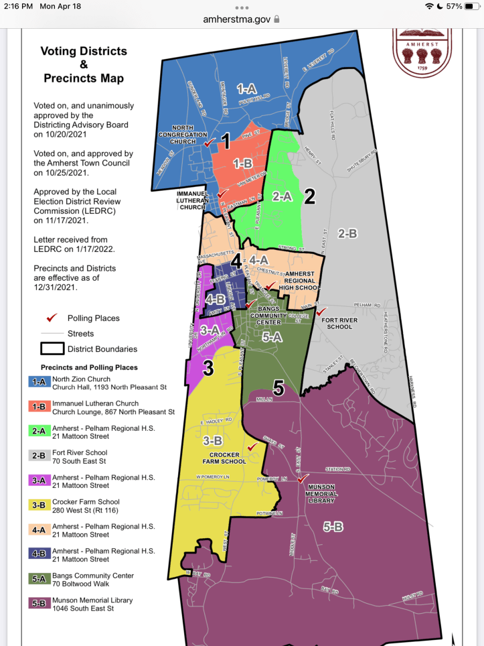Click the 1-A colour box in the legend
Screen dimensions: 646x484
[x=37, y=382]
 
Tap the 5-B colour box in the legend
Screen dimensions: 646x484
[x=37, y=604]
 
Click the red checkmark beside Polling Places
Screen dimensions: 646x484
[x=52, y=318]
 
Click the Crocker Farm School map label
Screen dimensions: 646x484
[x=224, y=458]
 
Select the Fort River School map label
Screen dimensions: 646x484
[x=337, y=324]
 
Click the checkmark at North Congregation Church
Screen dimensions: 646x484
[x=210, y=143]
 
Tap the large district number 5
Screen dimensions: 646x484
[x=278, y=387]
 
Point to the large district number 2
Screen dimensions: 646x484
[x=309, y=196]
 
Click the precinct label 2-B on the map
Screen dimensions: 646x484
[x=347, y=233]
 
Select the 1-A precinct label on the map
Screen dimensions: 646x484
[x=246, y=88]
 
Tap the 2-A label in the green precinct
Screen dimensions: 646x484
[x=281, y=196]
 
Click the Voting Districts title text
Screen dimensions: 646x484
[x=83, y=51]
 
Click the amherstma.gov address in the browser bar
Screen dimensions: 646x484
[x=237, y=19]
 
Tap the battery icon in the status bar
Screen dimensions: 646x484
[x=473, y=6]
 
